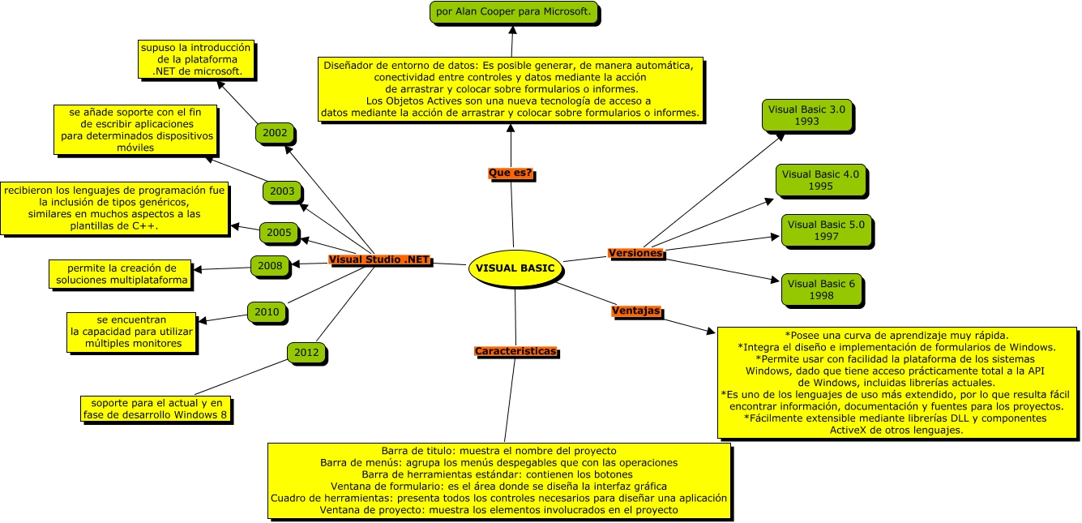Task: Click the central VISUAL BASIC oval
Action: click(x=515, y=268)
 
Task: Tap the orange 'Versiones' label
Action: click(x=636, y=254)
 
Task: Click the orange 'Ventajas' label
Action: click(x=635, y=311)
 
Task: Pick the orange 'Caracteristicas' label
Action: click(x=515, y=352)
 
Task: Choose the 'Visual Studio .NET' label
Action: click(x=379, y=260)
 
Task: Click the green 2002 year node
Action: click(x=275, y=132)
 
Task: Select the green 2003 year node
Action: click(x=282, y=191)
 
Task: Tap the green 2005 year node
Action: click(x=279, y=233)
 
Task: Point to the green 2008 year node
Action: click(x=270, y=265)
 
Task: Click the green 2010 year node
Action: click(x=267, y=311)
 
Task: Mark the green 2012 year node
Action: click(x=306, y=353)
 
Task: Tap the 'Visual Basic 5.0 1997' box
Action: click(x=826, y=230)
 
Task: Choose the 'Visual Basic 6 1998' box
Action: click(x=821, y=289)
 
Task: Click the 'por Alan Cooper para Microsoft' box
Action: click(x=514, y=12)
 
